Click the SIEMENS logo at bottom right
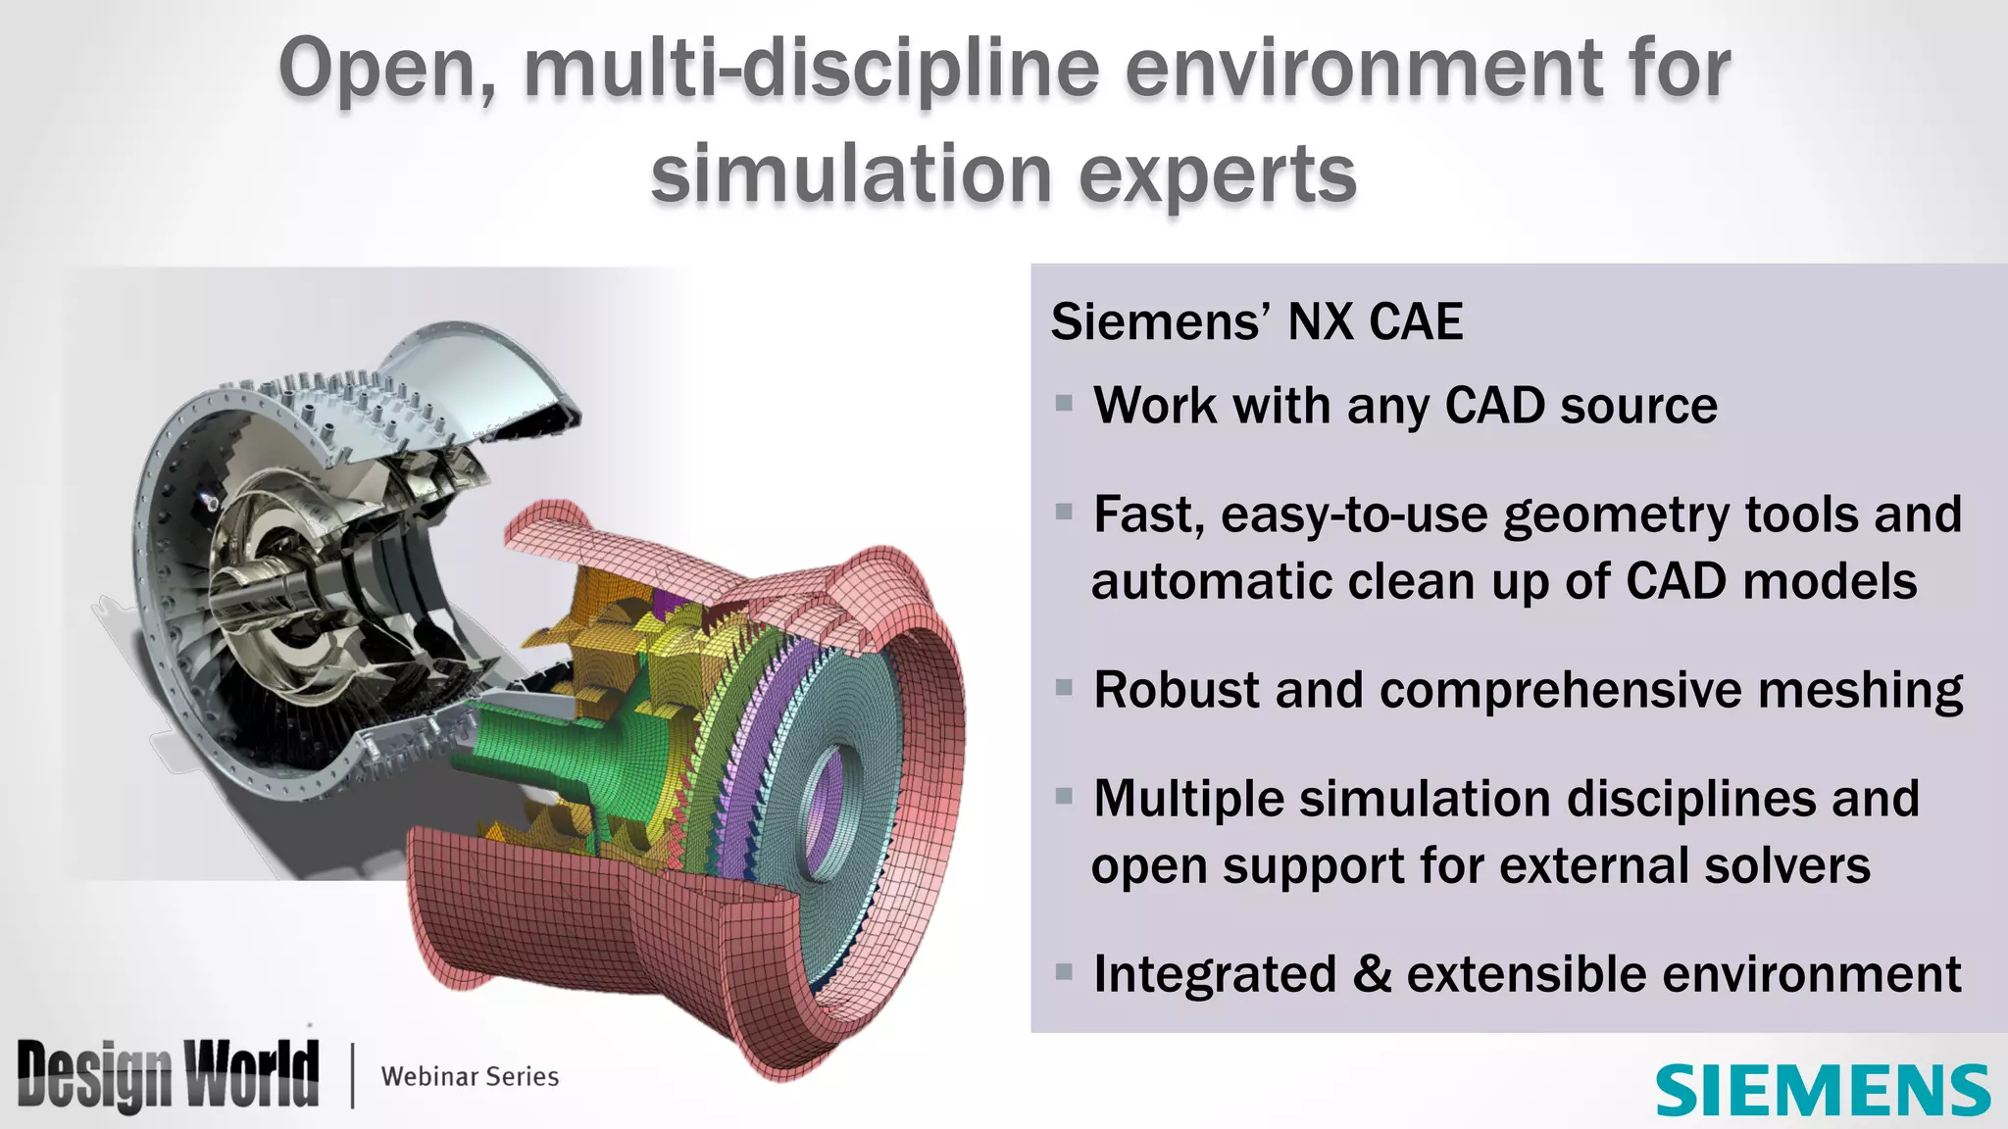1823,1090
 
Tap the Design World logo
168,1075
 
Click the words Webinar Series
470,1076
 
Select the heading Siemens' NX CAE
1256,321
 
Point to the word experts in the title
1217,174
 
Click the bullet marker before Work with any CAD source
1064,403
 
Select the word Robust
1176,690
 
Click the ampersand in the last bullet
1372,974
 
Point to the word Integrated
1215,974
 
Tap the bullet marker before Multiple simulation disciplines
1064,796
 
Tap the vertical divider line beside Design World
352,1075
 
